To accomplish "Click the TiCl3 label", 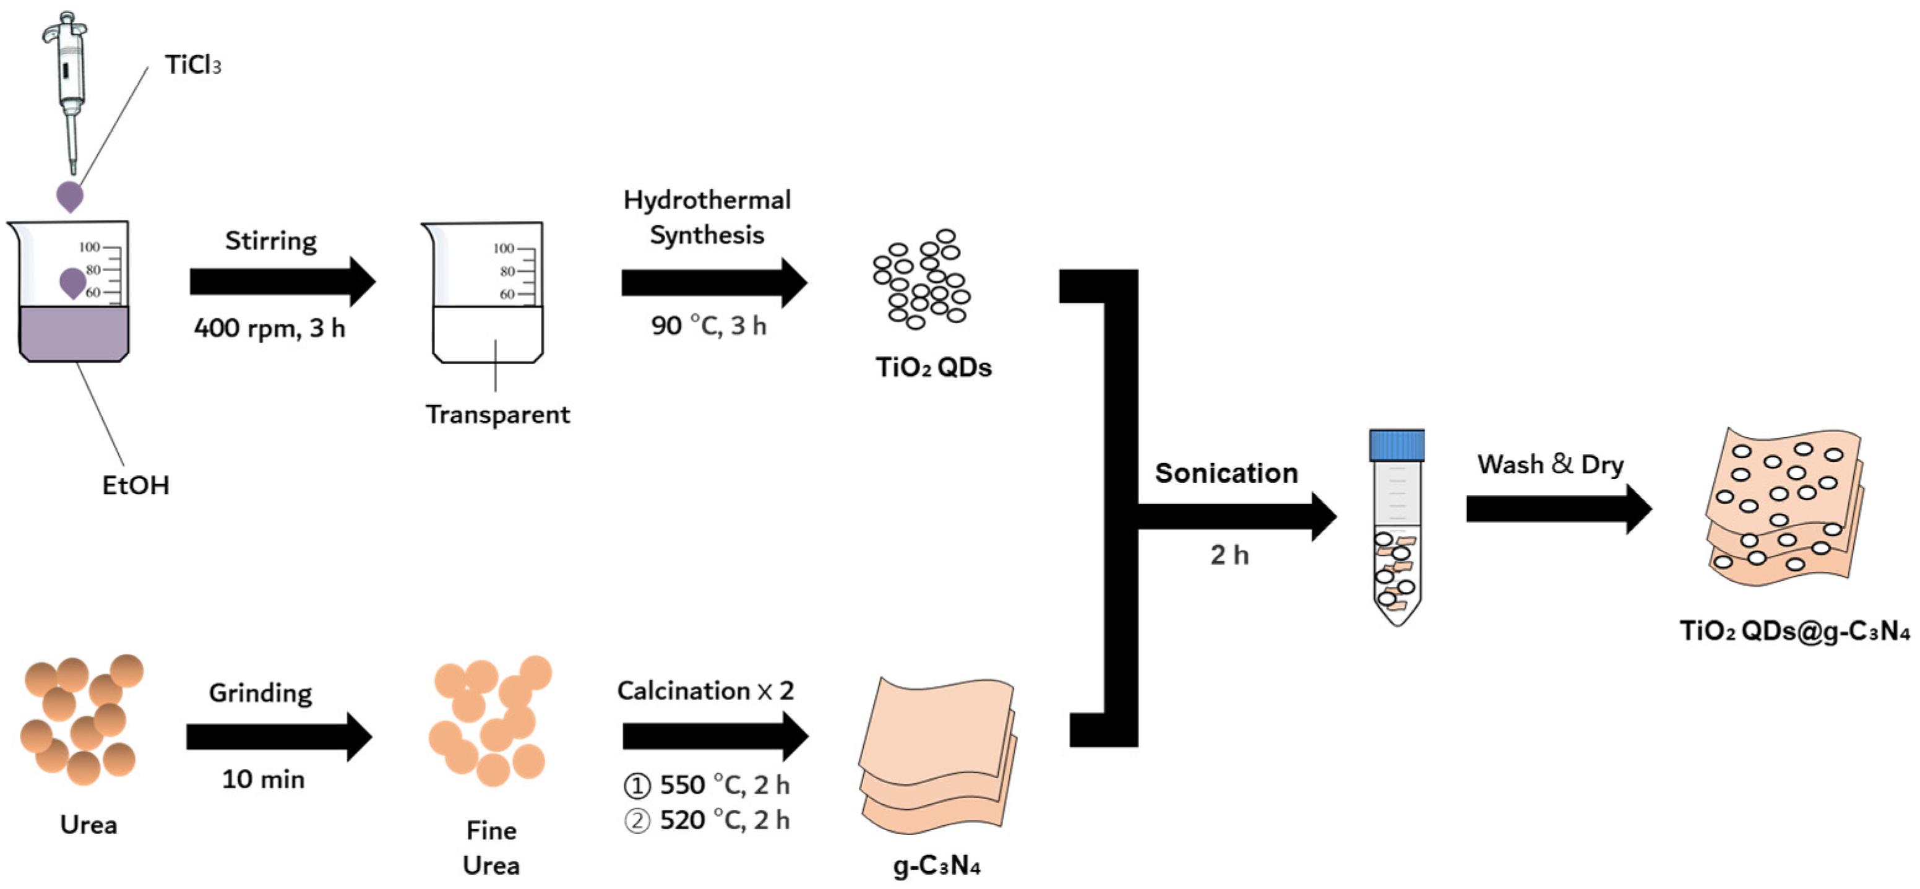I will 193,65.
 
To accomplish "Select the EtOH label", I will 136,485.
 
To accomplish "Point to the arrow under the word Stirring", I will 282,282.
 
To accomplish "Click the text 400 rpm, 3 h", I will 270,328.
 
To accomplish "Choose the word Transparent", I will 497,415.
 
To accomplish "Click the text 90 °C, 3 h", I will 708,326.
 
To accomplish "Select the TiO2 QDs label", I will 933,368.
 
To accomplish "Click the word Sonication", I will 1226,474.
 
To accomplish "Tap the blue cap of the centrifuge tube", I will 1396,445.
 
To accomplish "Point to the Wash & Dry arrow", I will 1558,509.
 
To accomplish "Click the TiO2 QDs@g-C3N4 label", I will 1794,631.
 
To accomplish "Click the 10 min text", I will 263,779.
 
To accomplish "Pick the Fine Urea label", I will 491,848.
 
